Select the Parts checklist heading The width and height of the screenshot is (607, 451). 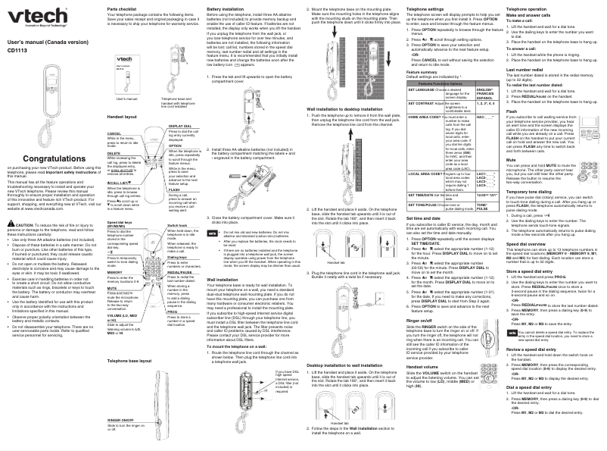click(122, 9)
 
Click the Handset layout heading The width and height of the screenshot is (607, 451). click(123, 118)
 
